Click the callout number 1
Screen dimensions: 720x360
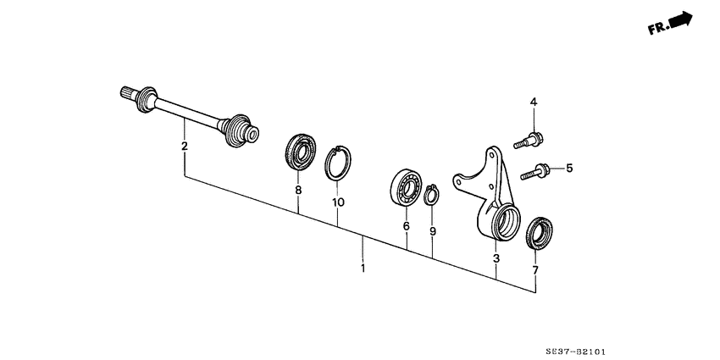[363, 268]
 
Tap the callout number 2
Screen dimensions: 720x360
[185, 147]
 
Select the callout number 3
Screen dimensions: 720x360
[496, 259]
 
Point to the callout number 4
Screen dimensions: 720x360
[534, 102]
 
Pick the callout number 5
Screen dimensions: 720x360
[569, 168]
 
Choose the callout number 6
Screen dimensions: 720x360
[407, 226]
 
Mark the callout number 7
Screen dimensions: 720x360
[535, 270]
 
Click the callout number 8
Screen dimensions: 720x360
[298, 190]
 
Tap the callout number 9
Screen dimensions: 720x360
[433, 231]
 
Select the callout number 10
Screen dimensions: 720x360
[339, 202]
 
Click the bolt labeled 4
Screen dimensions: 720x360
[529, 141]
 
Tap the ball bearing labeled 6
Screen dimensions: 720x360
[406, 187]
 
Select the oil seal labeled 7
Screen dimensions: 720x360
[539, 233]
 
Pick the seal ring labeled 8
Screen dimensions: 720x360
[301, 152]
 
